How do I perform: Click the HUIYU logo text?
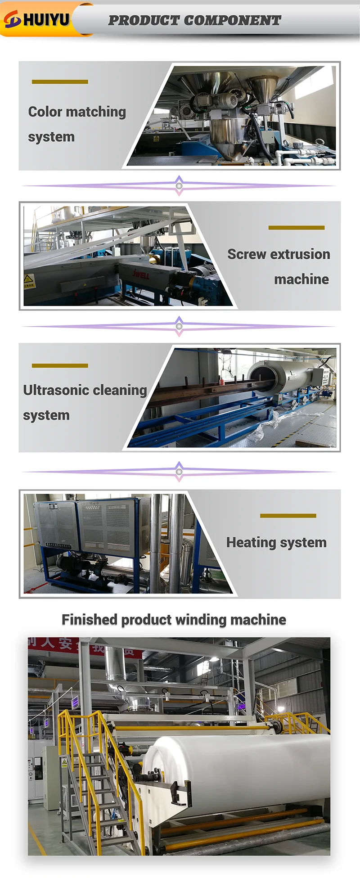point(46,19)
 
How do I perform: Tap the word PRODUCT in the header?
point(144,20)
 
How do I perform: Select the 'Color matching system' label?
point(76,124)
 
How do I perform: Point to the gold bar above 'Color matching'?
point(60,82)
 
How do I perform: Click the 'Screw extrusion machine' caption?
point(279,266)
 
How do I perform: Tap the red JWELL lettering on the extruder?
point(141,274)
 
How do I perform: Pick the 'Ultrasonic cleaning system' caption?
point(85,402)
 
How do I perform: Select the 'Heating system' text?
point(276,542)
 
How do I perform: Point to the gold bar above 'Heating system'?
point(288,516)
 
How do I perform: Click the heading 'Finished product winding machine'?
point(174,620)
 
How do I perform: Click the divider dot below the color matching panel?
point(179,186)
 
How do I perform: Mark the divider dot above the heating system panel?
point(179,472)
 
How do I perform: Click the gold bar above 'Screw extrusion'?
point(296,228)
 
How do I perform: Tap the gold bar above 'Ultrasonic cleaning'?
point(60,366)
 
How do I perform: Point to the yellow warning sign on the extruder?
point(29,279)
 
